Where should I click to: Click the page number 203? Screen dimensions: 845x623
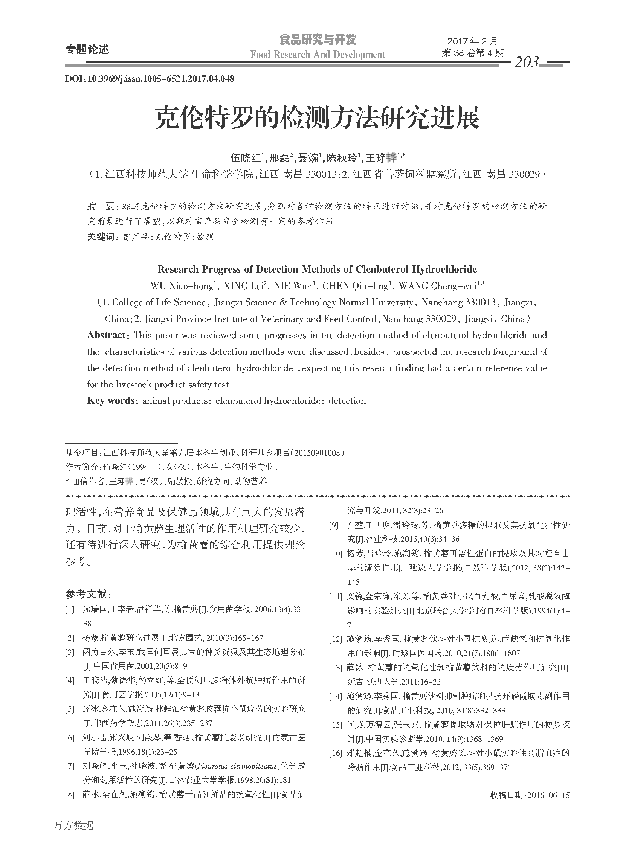tap(527, 62)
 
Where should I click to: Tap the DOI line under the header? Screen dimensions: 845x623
tap(150, 79)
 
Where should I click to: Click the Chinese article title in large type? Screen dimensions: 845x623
tap(317, 117)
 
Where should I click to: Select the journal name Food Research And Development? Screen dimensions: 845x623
tap(318, 55)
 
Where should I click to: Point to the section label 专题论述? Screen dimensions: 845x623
tap(87, 49)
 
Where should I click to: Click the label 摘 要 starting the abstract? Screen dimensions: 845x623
tap(100, 206)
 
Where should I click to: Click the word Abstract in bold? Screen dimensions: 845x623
tap(106, 335)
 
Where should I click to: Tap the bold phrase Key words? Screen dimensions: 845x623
tap(111, 400)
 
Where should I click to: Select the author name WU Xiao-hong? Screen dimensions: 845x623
tap(182, 286)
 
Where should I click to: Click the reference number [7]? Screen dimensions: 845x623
tap(70, 766)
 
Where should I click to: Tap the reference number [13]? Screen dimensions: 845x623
tap(336, 667)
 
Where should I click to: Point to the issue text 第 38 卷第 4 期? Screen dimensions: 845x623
tap(473, 53)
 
